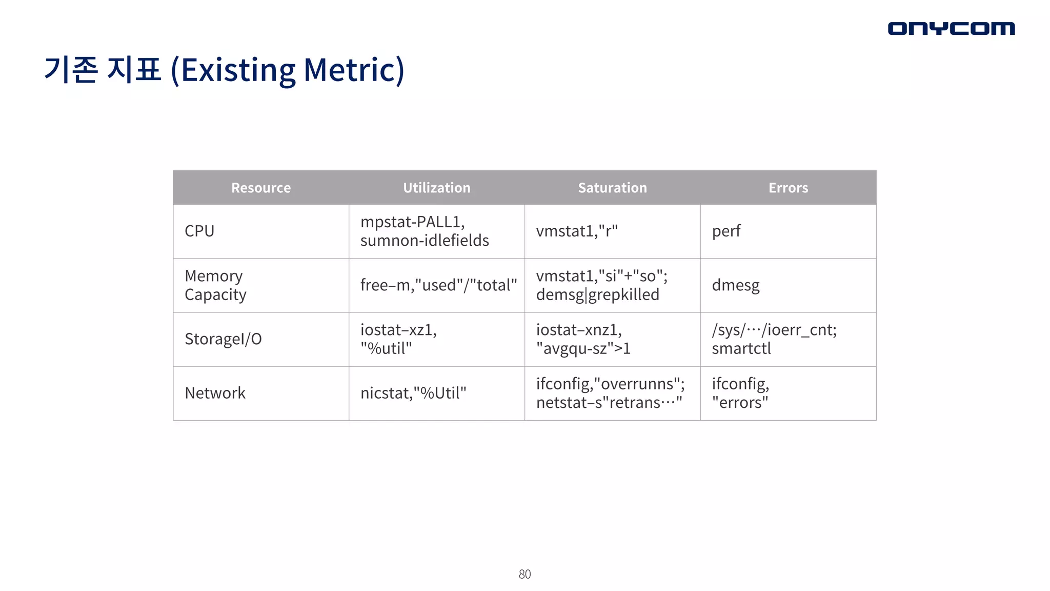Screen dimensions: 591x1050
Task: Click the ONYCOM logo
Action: [x=951, y=28]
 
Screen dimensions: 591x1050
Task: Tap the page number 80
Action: [x=524, y=574]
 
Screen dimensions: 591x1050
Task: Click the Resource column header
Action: [x=261, y=188]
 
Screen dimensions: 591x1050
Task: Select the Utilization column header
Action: [x=436, y=188]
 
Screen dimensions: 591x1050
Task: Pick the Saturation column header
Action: [x=612, y=188]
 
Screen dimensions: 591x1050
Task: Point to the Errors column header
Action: [x=788, y=188]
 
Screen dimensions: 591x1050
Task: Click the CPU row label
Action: [x=199, y=231]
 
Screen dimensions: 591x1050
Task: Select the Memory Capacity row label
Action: [x=215, y=285]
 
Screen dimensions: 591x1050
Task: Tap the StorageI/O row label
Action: [x=223, y=339]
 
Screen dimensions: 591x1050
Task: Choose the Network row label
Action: [x=215, y=393]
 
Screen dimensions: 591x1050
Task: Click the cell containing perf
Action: [x=726, y=231]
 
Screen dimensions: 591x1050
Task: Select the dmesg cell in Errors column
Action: [x=736, y=285]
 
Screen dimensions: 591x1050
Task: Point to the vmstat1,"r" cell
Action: [x=577, y=231]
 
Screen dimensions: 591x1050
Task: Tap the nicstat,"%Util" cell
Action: [x=413, y=393]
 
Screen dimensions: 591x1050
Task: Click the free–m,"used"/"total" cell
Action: [x=438, y=285]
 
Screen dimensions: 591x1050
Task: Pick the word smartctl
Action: [x=741, y=349]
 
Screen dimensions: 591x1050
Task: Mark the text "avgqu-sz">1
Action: [x=583, y=349]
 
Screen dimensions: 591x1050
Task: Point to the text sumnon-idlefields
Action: [x=425, y=241]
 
